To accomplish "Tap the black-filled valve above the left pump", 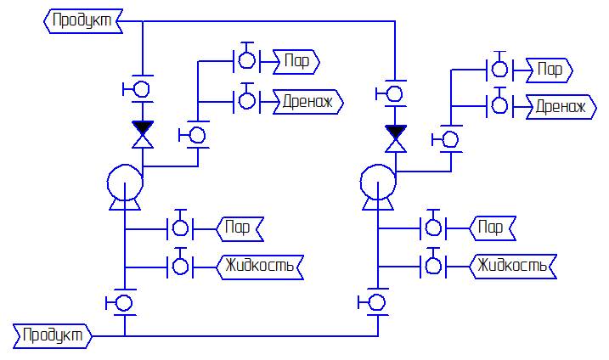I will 143,132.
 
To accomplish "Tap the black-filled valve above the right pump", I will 395,133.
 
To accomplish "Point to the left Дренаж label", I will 307,102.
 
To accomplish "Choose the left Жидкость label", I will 260,266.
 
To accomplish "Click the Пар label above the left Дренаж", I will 296,61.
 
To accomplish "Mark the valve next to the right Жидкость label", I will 433,266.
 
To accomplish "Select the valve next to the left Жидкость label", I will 181,266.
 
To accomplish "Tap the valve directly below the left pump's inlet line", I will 125,302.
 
